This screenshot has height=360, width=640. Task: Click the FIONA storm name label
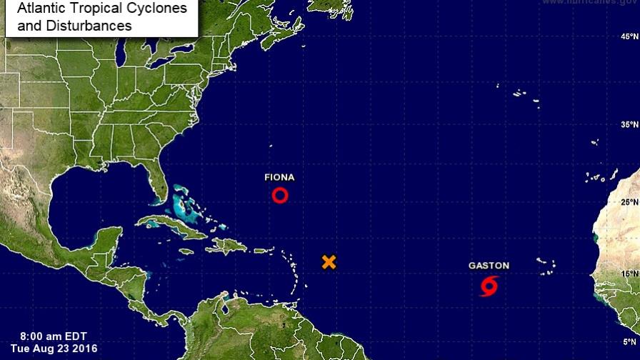pos(279,177)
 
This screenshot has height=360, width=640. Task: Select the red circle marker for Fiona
pos(280,195)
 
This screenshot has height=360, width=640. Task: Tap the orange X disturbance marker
pos(329,261)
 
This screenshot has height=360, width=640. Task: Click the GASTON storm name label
pos(489,266)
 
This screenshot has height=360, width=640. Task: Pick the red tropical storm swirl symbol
pos(489,287)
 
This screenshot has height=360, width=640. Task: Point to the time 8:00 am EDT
pos(51,336)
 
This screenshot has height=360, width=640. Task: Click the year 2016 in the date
pos(84,349)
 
